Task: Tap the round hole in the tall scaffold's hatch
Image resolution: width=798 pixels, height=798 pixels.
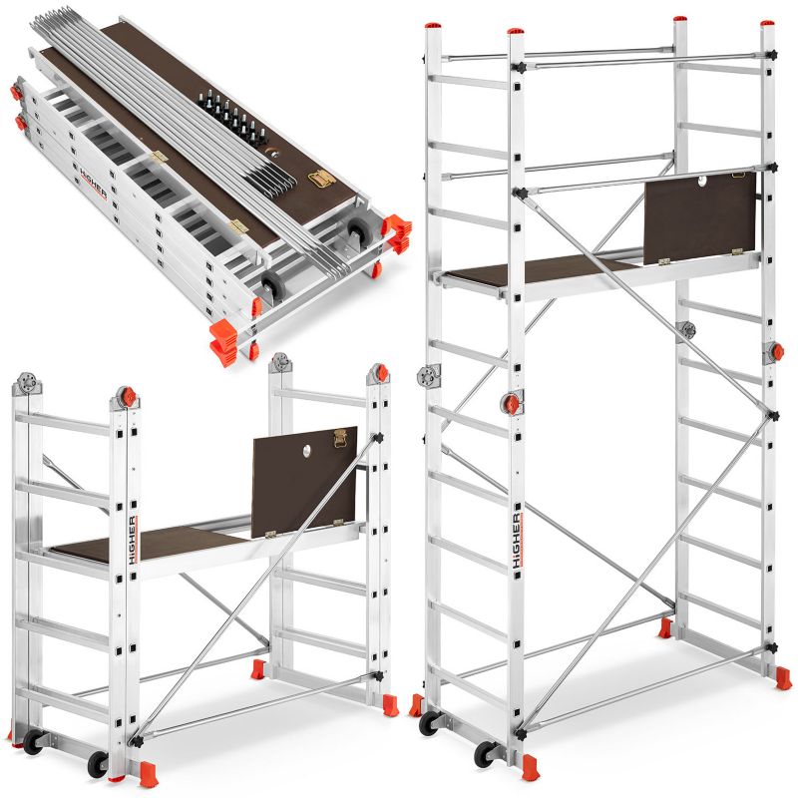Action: [x=701, y=182]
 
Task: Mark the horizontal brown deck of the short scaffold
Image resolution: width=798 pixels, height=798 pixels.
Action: [x=150, y=544]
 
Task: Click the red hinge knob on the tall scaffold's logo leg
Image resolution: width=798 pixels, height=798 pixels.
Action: [x=512, y=404]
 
